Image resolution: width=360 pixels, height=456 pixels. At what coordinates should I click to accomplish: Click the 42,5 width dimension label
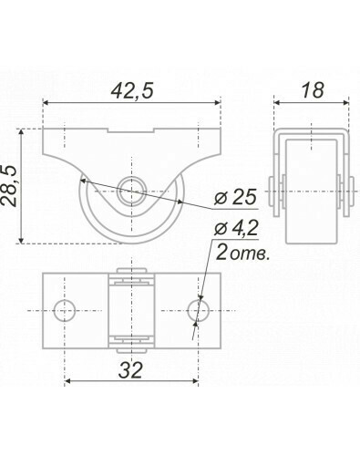tap(132, 90)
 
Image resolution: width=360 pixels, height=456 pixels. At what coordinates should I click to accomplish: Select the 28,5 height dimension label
tap(8, 186)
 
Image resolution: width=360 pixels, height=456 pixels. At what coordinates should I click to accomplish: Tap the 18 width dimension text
tap(312, 90)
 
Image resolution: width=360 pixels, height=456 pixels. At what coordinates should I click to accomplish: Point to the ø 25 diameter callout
tap(235, 197)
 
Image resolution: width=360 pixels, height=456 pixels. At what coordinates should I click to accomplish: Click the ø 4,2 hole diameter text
tap(236, 228)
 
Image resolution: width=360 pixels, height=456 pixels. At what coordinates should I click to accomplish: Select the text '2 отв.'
tap(242, 253)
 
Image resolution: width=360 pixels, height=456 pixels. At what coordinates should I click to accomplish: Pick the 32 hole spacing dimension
tap(130, 370)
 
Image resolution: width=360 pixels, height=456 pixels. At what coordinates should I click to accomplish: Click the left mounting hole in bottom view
tap(65, 310)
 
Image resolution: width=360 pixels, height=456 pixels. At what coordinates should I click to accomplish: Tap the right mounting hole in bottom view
tap(199, 310)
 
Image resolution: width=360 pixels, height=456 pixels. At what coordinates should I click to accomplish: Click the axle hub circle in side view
tap(131, 192)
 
